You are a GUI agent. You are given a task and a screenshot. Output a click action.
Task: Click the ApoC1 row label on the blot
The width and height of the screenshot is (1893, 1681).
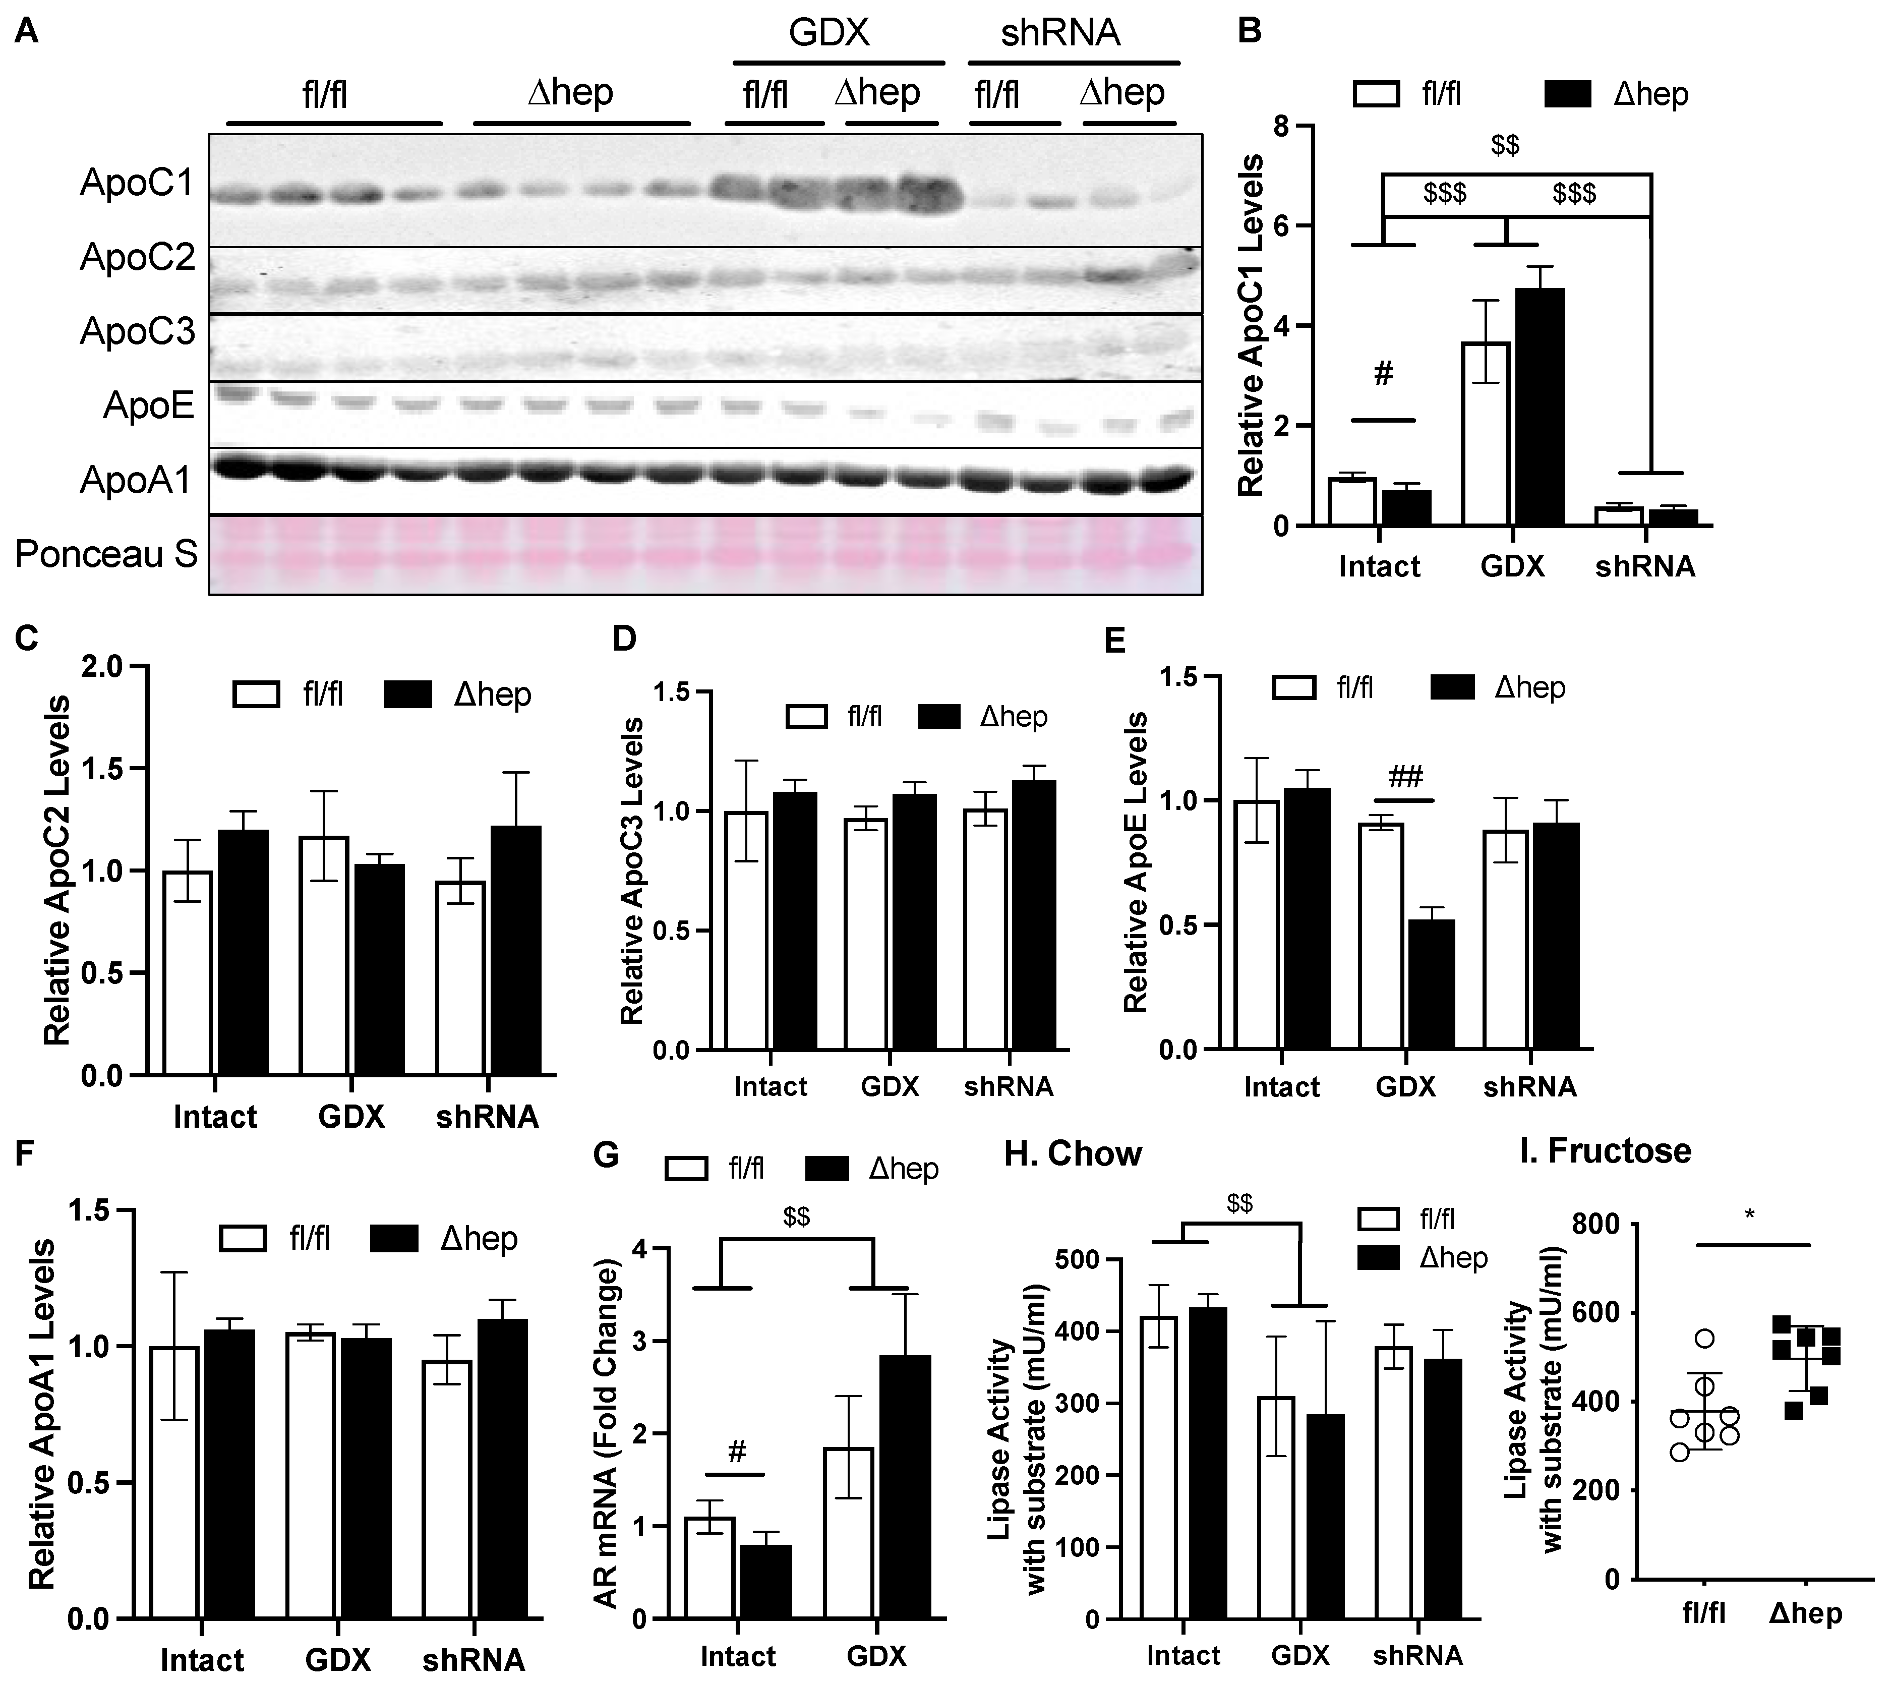(137, 184)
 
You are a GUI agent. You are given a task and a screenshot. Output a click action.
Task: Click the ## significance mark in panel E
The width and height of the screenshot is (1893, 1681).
(1404, 776)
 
